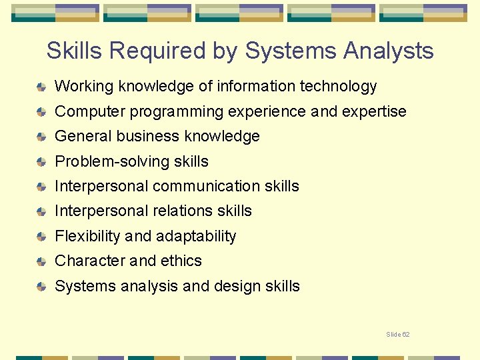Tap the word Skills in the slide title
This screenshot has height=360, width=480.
75,51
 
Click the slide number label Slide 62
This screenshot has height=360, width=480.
398,334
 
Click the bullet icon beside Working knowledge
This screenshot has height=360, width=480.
41,87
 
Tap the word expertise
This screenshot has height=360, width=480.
374,111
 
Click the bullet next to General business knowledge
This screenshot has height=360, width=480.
41,137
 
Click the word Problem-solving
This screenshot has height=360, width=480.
104,161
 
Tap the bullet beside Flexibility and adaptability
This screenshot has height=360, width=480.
41,237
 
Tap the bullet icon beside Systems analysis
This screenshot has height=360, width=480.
41,287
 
